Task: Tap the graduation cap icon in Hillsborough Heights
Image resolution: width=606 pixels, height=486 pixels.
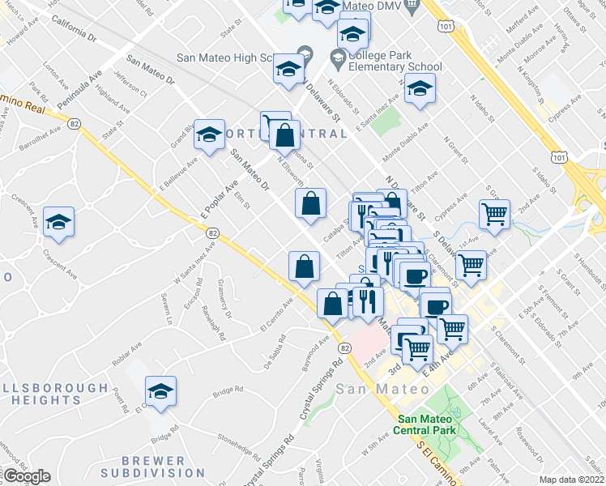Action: pyautogui.click(x=161, y=392)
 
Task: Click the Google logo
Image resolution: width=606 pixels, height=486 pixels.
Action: pyautogui.click(x=27, y=476)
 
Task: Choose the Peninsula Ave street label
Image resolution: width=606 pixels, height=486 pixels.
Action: pyautogui.click(x=84, y=82)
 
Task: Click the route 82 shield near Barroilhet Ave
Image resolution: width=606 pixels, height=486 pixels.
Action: pyautogui.click(x=75, y=123)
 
